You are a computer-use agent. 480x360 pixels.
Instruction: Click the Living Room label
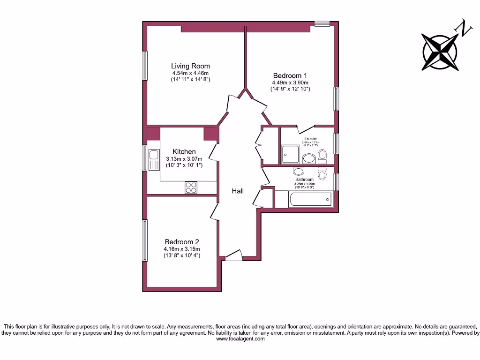[x=190, y=66]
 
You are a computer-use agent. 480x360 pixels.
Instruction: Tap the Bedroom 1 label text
[x=290, y=75]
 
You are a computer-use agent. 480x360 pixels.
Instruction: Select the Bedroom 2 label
[x=182, y=242]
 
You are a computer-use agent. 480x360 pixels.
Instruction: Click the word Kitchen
[x=184, y=152]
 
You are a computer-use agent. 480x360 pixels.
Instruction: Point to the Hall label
[x=238, y=191]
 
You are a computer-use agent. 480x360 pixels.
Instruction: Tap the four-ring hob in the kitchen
[x=191, y=187]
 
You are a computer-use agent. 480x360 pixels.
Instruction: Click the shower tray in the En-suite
[x=291, y=154]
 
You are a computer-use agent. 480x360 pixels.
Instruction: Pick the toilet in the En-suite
[x=322, y=156]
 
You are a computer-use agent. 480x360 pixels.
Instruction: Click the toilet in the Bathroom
[x=322, y=173]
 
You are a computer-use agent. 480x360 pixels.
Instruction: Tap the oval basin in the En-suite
[x=308, y=158]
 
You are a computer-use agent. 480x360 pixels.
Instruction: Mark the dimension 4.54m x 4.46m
[x=190, y=73]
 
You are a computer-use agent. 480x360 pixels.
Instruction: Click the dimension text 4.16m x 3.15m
[x=182, y=249]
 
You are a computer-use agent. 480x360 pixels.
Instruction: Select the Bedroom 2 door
[x=214, y=211]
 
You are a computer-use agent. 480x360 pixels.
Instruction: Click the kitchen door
[x=213, y=151]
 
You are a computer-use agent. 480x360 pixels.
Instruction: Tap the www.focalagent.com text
[x=240, y=339]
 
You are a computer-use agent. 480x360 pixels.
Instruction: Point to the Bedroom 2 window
[x=145, y=240]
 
